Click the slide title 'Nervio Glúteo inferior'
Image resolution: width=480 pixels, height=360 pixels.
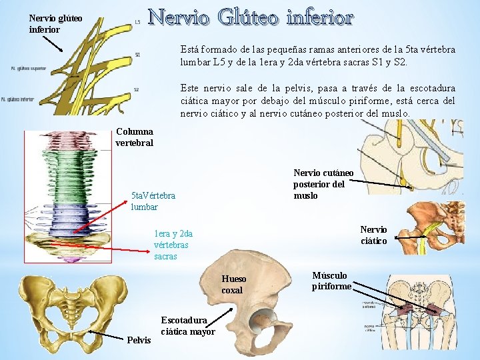pyautogui.click(x=250, y=18)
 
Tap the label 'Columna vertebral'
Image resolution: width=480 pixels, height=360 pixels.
pyautogui.click(x=134, y=137)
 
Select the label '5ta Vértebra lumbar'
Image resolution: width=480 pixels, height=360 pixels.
pyautogui.click(x=153, y=201)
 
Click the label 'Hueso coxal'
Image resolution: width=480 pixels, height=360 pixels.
pyautogui.click(x=233, y=285)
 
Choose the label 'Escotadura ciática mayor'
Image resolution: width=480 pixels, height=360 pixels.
pyautogui.click(x=188, y=326)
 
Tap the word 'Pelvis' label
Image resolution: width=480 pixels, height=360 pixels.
pyautogui.click(x=139, y=341)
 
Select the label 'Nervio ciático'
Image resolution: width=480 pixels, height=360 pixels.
pyautogui.click(x=373, y=235)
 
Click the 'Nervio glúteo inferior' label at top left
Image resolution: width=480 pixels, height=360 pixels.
pyautogui.click(x=55, y=24)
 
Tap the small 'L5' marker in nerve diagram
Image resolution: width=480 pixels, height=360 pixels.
pyautogui.click(x=137, y=22)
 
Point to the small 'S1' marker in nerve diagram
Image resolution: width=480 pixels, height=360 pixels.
pyautogui.click(x=137, y=55)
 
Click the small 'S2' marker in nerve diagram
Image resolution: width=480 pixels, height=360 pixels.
pyautogui.click(x=137, y=89)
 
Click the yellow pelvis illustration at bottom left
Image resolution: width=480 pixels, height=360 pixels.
pyautogui.click(x=71, y=307)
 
